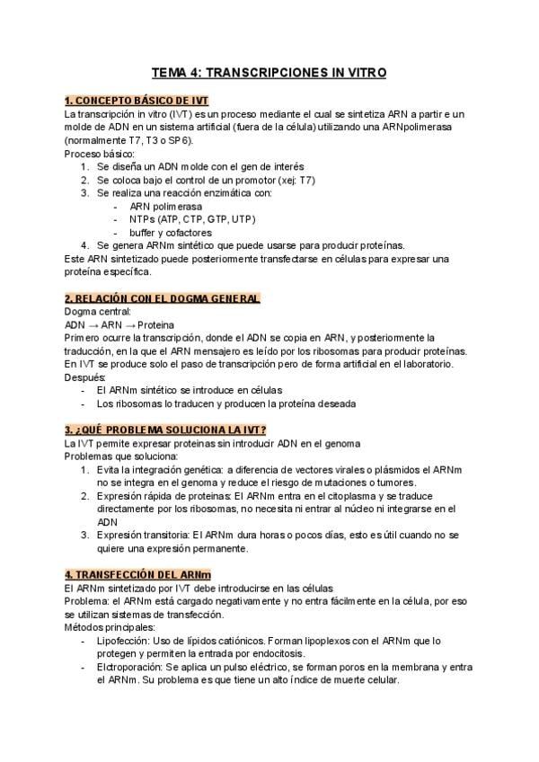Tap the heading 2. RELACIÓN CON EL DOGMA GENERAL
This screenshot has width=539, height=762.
click(162, 298)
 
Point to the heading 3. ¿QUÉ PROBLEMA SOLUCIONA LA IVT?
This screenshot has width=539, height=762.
click(165, 430)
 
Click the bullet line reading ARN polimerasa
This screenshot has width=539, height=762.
click(165, 206)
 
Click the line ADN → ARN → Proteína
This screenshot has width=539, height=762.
click(119, 324)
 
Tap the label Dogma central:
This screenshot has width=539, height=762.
click(98, 311)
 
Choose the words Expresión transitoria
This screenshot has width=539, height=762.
click(143, 535)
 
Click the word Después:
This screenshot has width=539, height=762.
click(85, 377)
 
